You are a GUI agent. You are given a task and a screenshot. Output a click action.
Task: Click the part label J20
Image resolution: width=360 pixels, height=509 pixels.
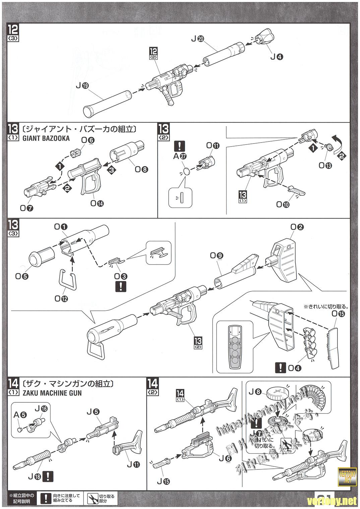coord(197,39)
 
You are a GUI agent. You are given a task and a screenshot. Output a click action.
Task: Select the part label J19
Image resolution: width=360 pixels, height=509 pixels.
coord(82,86)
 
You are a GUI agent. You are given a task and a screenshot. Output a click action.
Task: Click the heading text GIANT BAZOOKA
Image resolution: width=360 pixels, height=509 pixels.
coord(47,138)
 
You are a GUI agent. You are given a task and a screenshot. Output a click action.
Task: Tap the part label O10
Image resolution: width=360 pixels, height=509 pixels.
coord(283,204)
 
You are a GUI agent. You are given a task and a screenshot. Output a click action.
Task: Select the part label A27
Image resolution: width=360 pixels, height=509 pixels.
coord(180,156)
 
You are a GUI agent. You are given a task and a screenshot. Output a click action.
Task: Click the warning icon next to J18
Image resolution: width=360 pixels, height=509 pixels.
coord(49,476)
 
